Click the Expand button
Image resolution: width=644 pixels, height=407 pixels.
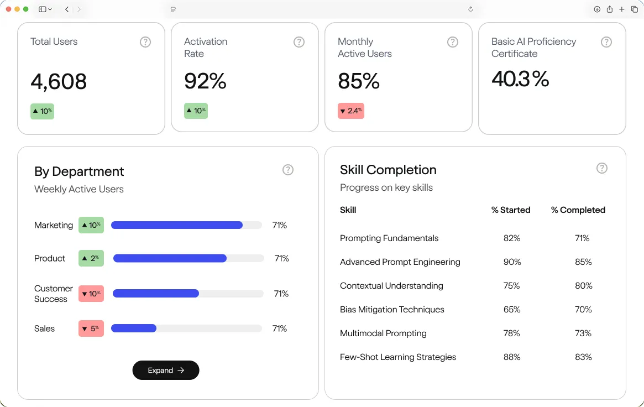pos(166,371)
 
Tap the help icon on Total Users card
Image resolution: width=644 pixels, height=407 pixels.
pos(145,42)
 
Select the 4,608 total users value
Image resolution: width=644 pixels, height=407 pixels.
pos(59,81)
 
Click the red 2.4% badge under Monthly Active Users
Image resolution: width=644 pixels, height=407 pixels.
pos(351,111)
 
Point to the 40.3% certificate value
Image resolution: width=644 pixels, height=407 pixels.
pos(520,79)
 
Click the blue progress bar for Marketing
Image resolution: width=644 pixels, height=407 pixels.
pos(177,225)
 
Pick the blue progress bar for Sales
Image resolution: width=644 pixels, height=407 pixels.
pos(134,328)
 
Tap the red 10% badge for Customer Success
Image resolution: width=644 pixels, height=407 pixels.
pos(91,294)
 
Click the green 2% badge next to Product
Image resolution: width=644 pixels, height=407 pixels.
pos(91,258)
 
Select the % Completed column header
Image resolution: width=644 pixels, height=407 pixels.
pos(578,210)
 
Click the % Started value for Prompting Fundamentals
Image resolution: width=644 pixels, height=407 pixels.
pos(512,238)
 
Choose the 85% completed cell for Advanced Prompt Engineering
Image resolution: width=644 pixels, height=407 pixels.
pos(583,262)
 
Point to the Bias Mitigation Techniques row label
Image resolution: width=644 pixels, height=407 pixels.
pos(392,310)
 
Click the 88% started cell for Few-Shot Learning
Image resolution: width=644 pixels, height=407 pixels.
pos(512,357)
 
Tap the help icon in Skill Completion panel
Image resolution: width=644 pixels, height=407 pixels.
pos(602,168)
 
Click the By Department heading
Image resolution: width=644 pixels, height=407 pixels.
pos(79,171)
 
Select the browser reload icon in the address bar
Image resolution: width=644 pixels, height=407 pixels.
pos(470,9)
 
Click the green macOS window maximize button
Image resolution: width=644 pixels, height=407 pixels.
pos(26,9)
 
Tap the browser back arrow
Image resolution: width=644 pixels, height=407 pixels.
pos(67,9)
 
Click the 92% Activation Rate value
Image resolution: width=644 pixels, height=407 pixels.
pos(205,81)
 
